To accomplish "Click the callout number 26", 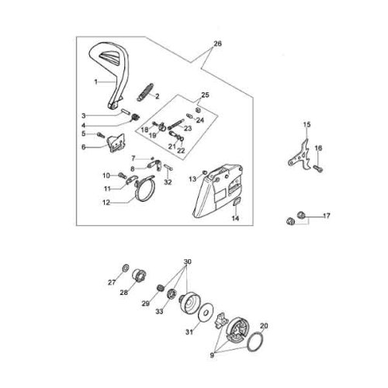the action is tap(217, 43).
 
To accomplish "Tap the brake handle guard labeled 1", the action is tap(122, 78).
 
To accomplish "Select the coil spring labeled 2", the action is tap(145, 92).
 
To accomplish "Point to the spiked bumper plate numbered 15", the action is tap(300, 156).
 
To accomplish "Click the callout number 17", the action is tap(327, 216).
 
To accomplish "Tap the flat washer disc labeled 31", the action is tap(205, 313).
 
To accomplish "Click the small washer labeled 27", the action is tap(125, 268).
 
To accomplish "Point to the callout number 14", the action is tap(235, 218).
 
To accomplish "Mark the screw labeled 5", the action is tap(100, 134).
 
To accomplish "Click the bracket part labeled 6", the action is tap(116, 143).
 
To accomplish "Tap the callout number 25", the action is tap(205, 95).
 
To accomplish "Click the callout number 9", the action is tap(212, 355).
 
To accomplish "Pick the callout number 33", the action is tap(159, 311).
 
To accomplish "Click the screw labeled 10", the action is tap(122, 175).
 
